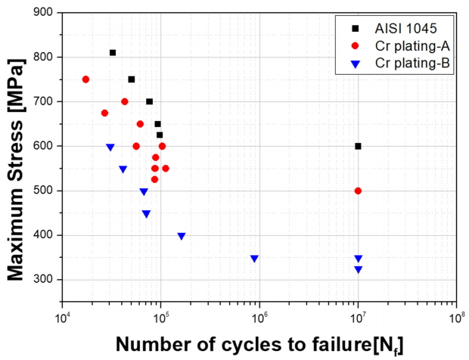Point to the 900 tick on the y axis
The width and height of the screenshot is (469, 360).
point(42,13)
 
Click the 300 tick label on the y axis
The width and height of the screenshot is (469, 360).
point(42,280)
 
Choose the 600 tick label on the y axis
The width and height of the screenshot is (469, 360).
point(42,146)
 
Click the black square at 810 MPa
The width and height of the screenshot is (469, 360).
point(113,53)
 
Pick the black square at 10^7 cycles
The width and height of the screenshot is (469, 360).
point(358,146)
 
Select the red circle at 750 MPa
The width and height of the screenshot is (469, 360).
point(85,79)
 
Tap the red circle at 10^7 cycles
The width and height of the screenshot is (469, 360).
point(358,191)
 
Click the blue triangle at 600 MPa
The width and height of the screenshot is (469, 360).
point(110,147)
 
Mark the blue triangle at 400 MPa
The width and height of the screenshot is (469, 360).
point(182,236)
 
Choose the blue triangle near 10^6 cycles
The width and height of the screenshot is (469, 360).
point(254,259)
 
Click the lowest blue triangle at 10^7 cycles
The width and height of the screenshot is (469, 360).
point(358,269)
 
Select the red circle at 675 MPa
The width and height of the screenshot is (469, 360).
point(104,113)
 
